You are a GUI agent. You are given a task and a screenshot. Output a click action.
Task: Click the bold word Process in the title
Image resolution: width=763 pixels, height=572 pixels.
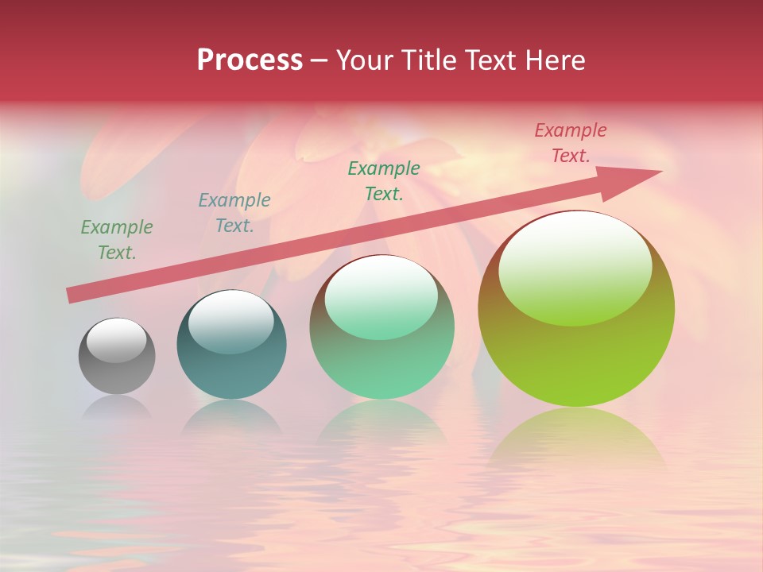click(x=250, y=60)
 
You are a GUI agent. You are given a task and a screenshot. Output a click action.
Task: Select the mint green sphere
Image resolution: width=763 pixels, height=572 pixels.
click(x=381, y=357)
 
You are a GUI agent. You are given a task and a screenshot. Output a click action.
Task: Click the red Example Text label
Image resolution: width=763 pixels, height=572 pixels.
click(x=570, y=143)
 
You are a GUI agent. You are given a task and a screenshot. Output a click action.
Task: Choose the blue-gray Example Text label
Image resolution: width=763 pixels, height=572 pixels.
click(x=234, y=213)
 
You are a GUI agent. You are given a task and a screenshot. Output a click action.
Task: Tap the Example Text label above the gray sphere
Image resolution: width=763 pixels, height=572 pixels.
click(x=117, y=240)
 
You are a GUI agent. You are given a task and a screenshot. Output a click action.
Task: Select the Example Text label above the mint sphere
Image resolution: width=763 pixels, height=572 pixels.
click(x=384, y=180)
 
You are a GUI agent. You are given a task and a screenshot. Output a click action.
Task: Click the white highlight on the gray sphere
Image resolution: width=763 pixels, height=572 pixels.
click(x=116, y=340)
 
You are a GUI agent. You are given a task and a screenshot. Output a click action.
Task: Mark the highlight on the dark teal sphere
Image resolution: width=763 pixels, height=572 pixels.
click(x=230, y=321)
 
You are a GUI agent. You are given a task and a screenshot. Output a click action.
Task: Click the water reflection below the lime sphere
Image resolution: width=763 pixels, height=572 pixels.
click(x=576, y=437)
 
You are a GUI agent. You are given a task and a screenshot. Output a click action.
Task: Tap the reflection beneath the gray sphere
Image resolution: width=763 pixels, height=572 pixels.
click(x=117, y=408)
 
